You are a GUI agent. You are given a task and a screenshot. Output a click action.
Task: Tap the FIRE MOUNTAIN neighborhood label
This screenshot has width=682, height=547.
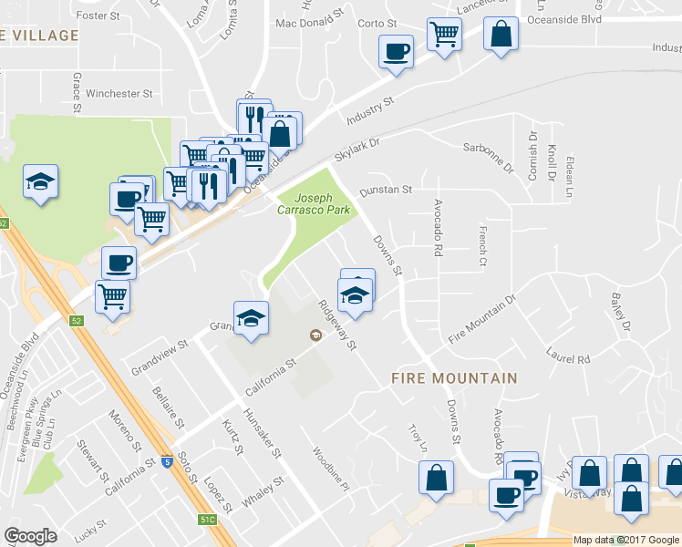454,377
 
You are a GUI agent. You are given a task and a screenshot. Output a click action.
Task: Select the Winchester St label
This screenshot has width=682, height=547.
119,93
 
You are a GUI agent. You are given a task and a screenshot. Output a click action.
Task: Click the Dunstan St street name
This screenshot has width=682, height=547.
386,191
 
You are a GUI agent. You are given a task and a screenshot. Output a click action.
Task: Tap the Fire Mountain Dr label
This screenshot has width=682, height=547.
482,319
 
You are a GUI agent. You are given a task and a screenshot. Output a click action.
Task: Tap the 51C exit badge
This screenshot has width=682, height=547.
208,520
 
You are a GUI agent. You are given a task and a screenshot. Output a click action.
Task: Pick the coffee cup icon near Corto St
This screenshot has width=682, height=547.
396,52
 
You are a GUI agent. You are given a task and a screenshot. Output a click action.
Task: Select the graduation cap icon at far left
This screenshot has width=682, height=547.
40,182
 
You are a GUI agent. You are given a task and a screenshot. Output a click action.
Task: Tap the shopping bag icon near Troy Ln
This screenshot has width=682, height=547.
437,477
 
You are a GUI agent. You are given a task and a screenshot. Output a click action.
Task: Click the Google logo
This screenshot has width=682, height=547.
30,536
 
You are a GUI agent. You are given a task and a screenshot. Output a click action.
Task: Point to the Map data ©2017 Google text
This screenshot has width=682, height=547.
625,540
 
